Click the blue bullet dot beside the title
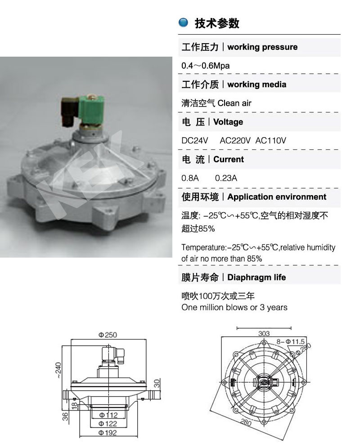183,22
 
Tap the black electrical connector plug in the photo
69,111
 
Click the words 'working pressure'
262,47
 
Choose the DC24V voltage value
195,141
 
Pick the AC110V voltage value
270,141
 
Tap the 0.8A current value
190,178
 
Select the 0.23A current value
226,178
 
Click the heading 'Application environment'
277,197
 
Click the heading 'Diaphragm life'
256,277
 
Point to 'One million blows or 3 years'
234,308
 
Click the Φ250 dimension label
108,335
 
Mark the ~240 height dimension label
58,370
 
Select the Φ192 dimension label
108,433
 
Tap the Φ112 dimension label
108,415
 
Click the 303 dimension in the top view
264,333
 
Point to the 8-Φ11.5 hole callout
291,342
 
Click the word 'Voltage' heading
228,122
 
